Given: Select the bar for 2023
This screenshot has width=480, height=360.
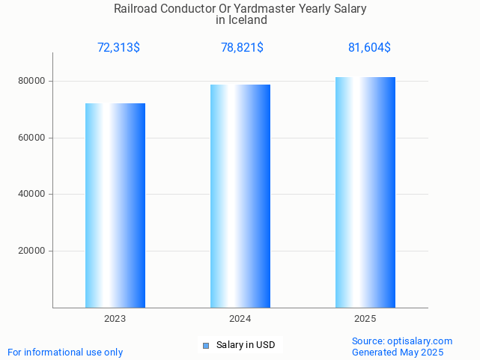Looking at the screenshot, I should pos(115,205).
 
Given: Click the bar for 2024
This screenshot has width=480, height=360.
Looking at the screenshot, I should pos(240,196).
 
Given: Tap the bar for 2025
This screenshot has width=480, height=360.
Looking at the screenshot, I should pos(365,192).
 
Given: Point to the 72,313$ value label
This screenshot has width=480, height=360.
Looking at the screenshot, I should pos(118,48).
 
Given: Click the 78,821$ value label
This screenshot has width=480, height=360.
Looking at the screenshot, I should pos(242,48).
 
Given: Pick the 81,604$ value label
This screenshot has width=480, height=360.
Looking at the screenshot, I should pos(369,48).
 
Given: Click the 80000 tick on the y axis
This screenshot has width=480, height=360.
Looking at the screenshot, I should pos(32,81).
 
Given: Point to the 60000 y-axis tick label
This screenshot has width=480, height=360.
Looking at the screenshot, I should pos(32,138).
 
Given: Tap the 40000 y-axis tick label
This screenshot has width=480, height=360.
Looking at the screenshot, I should pos(32,195).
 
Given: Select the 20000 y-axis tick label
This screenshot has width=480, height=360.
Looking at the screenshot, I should pos(32,251).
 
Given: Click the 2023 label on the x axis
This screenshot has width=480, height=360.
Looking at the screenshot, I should pos(115,319).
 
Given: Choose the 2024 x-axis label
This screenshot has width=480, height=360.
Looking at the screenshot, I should pos(240,319).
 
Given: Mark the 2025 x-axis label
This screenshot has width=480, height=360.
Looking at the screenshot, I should pos(365,319).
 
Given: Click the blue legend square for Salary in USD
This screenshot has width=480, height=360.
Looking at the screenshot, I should pos(206,345).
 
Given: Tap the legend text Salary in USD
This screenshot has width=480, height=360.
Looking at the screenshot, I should pos(246,345).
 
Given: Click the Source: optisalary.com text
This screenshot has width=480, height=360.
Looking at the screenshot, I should pos(402,341).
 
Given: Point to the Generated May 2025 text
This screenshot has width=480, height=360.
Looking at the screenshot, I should pos(398,353).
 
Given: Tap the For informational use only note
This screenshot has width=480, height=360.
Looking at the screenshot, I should pos(65,353).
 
